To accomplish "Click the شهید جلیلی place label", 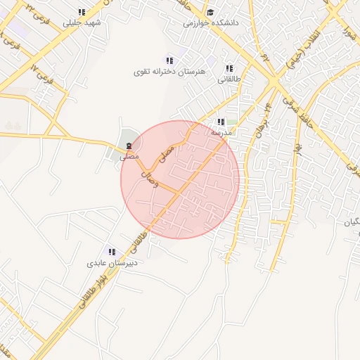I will tap(82, 22).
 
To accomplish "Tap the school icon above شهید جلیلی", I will tap(82, 12).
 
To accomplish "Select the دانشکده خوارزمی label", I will tap(211, 22).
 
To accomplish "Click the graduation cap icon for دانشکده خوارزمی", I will tap(211, 12).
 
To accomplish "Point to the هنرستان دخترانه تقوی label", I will tap(167, 72).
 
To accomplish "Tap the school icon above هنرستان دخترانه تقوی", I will tap(169, 60).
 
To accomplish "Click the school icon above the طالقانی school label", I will tap(229, 68).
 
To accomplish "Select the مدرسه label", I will tap(221, 131).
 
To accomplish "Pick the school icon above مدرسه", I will tap(221, 122).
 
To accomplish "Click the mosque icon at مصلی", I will tap(129, 146).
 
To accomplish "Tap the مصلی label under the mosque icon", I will tap(128, 157).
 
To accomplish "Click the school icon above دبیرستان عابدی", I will tap(111, 252).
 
